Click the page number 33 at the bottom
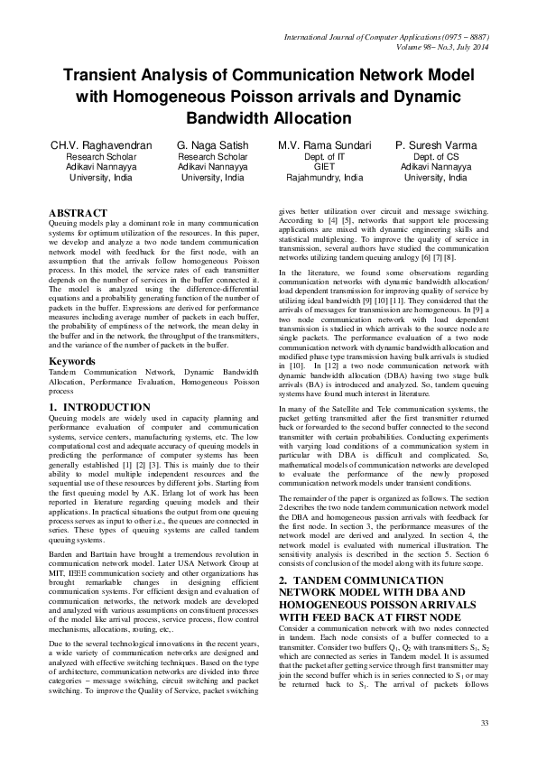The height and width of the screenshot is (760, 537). (x=484, y=724)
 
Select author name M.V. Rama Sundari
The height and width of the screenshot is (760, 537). (x=324, y=144)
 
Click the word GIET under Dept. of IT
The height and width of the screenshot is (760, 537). (x=324, y=167)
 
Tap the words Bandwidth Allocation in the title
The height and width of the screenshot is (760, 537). (x=268, y=117)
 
